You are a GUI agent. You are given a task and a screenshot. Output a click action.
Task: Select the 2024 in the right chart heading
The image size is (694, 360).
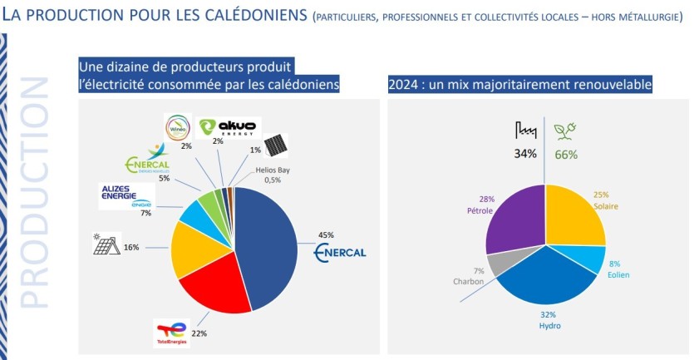(402, 85)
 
